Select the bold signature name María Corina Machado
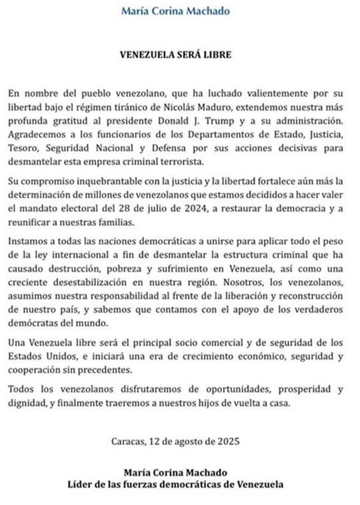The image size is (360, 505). [x=179, y=472]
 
